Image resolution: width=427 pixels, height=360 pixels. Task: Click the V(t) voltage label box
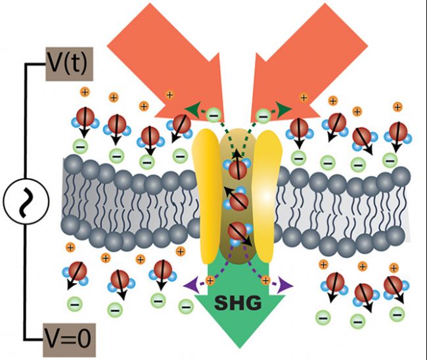(69, 64)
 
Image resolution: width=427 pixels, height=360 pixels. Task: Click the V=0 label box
(69, 340)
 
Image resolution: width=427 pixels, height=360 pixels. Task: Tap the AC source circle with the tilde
(26, 201)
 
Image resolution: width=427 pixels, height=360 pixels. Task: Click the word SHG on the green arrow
(238, 303)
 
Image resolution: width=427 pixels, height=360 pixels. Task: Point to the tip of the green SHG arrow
(240, 348)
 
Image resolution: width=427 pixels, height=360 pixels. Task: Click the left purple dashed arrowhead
(190, 285)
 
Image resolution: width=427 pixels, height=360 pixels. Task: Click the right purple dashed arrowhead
(285, 286)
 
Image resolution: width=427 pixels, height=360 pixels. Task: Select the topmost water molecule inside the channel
(237, 168)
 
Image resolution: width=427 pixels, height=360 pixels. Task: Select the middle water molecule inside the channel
(236, 200)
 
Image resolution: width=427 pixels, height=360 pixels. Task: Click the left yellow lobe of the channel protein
(206, 196)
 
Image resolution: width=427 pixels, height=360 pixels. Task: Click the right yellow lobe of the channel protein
(267, 196)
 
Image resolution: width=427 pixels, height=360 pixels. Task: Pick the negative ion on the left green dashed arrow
(214, 115)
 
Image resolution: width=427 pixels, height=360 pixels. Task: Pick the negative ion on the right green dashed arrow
(263, 116)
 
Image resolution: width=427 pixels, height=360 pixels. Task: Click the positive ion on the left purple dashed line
(210, 281)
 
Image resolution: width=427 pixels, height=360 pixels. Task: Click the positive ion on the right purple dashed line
(265, 281)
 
